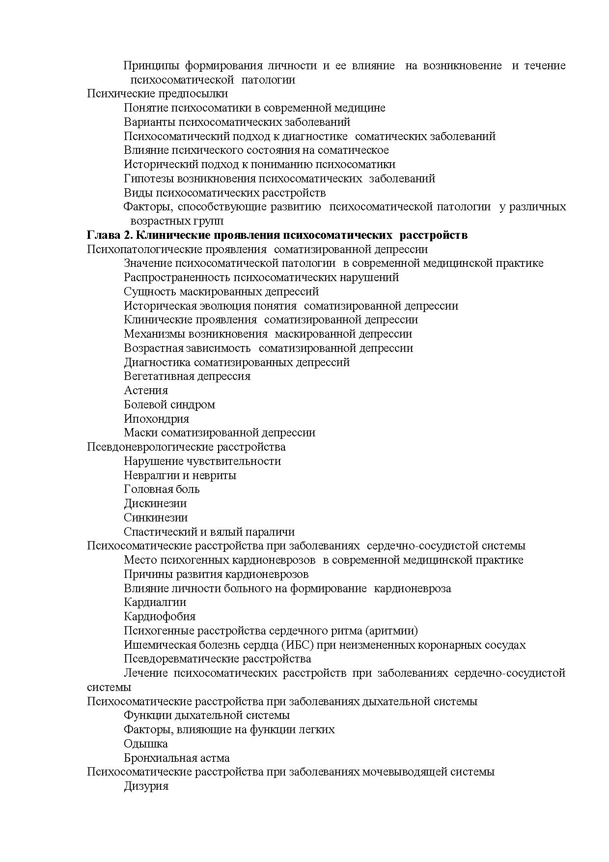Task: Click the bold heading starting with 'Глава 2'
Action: click(x=277, y=235)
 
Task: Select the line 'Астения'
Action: click(x=146, y=390)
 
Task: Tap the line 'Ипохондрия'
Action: click(x=156, y=419)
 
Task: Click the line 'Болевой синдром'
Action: click(x=169, y=404)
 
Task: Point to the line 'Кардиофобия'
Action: click(x=160, y=616)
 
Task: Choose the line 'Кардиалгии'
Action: click(x=155, y=602)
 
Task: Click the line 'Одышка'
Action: click(x=146, y=744)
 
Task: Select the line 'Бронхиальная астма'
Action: click(x=177, y=758)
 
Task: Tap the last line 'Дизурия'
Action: click(x=146, y=786)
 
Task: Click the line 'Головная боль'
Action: click(x=162, y=489)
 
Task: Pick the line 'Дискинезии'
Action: click(x=155, y=503)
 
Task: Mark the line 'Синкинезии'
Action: click(x=156, y=517)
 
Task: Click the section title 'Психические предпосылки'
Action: click(x=157, y=93)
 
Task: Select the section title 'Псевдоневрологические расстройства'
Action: click(x=186, y=447)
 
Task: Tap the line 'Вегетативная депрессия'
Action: click(x=187, y=376)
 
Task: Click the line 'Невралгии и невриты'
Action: click(x=180, y=475)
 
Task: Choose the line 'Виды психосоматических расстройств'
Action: click(x=224, y=193)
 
